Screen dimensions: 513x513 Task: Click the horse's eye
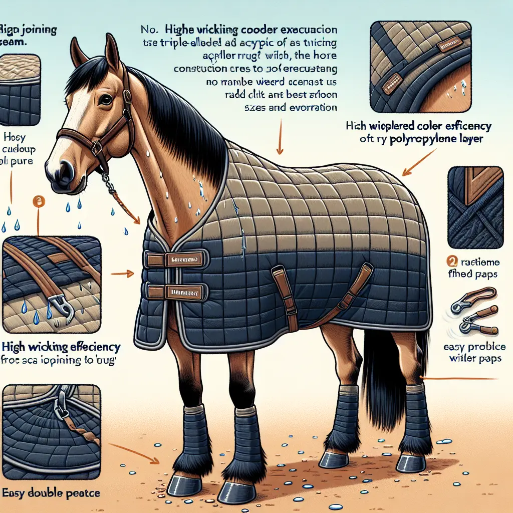tap(105, 100)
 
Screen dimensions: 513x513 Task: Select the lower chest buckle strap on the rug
tap(175, 291)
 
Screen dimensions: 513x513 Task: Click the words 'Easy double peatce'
tap(50, 493)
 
